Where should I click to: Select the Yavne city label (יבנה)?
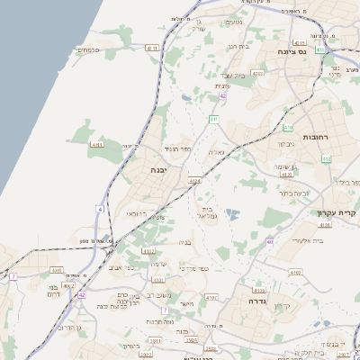click(159, 169)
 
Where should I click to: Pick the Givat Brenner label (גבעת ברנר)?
click(292, 193)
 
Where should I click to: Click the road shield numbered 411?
click(213, 119)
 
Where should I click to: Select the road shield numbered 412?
click(327, 159)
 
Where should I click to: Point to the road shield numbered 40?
click(269, 242)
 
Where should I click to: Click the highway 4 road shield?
click(100, 209)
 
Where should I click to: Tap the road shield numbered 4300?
click(57, 270)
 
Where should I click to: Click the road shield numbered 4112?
click(148, 251)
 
